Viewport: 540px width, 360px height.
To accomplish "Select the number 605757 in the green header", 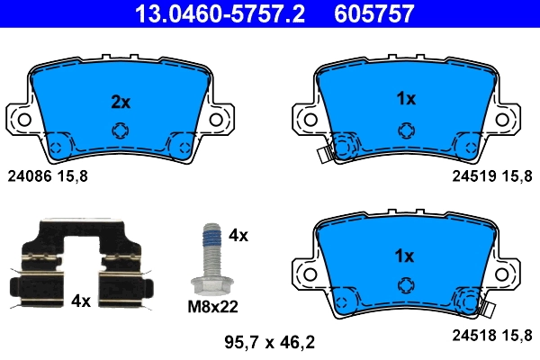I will click(374, 14).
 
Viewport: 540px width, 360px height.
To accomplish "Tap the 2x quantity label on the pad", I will click(120, 103).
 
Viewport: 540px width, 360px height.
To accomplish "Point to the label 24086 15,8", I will click(48, 177).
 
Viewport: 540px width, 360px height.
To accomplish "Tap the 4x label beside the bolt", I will click(238, 236).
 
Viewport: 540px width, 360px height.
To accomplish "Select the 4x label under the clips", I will click(80, 301).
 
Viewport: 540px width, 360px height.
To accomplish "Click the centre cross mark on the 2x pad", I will click(120, 131).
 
